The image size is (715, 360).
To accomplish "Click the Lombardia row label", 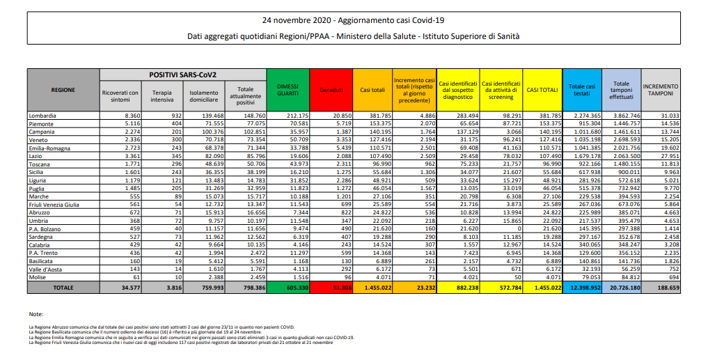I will tap(42, 114).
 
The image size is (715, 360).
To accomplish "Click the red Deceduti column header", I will tap(331, 90).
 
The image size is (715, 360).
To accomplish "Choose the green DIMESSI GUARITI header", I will tap(288, 90).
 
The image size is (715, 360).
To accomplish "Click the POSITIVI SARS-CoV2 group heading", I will tap(183, 74).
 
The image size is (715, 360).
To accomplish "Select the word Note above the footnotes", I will tap(37, 315).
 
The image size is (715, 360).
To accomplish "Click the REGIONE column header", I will tap(63, 90).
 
